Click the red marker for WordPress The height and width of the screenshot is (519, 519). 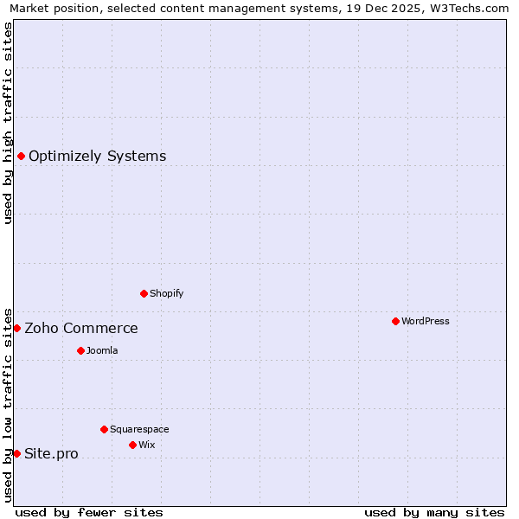(x=395, y=321)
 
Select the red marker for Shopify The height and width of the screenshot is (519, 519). (x=144, y=293)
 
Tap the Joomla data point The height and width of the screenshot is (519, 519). (x=80, y=350)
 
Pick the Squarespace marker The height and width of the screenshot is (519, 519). (x=104, y=429)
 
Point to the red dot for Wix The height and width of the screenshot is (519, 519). (x=132, y=445)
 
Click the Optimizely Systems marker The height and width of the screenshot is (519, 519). (x=21, y=156)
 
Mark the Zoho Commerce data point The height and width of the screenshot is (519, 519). (x=16, y=328)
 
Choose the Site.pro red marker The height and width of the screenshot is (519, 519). (x=16, y=453)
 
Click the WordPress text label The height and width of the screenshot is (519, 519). (x=426, y=321)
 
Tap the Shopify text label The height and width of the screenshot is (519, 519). (x=167, y=293)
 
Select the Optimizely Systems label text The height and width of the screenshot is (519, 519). (x=98, y=156)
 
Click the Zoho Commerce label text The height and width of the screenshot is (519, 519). (x=81, y=328)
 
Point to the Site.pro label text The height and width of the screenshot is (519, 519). (x=51, y=453)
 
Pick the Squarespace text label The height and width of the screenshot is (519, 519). (x=139, y=429)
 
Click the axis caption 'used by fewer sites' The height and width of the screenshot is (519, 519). (x=89, y=512)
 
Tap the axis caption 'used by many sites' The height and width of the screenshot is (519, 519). (x=434, y=512)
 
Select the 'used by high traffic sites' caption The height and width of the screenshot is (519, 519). (x=8, y=123)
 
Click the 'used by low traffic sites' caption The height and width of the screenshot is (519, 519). (x=8, y=404)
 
